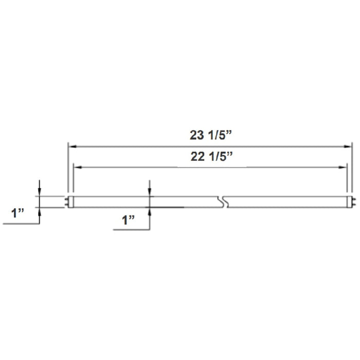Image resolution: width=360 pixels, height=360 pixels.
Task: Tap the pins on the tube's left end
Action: tap(67, 202)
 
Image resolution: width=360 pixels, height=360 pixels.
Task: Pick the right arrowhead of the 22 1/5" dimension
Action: tap(343, 167)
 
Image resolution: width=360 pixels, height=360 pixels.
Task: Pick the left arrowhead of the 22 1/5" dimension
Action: tap(78, 167)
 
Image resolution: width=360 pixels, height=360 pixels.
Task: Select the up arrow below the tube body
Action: tap(150, 210)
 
